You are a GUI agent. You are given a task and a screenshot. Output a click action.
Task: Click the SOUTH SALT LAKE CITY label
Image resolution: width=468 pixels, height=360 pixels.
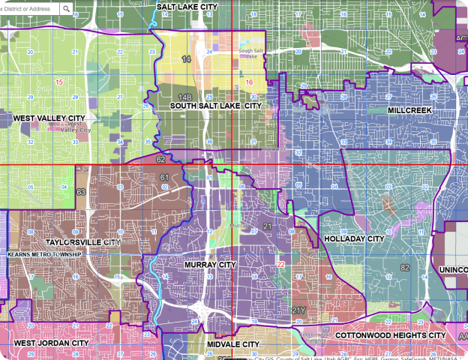(x=215, y=106)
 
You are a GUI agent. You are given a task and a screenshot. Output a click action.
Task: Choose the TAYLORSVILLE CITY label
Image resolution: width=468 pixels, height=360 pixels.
(x=82, y=243)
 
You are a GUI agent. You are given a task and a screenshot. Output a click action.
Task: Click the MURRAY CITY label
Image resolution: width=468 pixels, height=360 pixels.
(x=209, y=265)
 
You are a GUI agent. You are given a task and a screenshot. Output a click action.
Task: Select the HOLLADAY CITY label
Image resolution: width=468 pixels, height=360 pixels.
(x=353, y=239)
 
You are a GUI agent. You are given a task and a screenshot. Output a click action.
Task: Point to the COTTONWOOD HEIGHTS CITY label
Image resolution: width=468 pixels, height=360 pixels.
(x=390, y=335)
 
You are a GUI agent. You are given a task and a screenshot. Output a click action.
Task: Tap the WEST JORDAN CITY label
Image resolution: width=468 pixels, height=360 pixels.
(x=51, y=343)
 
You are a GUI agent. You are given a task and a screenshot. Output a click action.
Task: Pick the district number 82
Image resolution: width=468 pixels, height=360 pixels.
(x=405, y=268)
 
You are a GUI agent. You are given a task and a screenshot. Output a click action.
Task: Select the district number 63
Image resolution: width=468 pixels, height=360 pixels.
(x=80, y=193)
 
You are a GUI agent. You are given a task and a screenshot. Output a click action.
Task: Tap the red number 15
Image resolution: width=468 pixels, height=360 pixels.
(x=59, y=81)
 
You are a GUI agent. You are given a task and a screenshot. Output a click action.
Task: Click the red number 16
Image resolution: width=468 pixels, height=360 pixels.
(x=249, y=81)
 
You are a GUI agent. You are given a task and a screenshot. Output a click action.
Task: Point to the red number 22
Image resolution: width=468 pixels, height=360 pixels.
(x=280, y=265)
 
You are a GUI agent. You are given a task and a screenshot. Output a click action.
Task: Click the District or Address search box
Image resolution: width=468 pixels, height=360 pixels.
(x=30, y=9)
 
